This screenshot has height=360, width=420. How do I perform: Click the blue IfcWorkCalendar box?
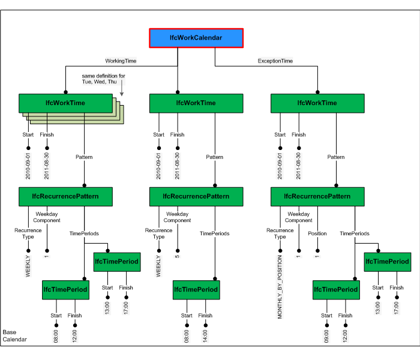(x=196, y=38)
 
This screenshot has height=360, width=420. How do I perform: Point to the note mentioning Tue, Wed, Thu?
(x=104, y=79)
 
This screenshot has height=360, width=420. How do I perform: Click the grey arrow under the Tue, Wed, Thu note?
(x=121, y=90)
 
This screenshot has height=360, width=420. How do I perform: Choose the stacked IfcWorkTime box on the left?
(x=65, y=103)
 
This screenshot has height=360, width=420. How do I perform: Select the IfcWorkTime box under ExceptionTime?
(x=317, y=103)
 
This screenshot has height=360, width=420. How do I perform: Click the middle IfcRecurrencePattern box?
(x=196, y=196)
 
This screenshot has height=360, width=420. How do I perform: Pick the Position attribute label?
(x=317, y=233)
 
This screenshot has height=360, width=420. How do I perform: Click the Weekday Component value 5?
(x=178, y=253)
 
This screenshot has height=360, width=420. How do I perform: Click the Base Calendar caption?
(x=14, y=336)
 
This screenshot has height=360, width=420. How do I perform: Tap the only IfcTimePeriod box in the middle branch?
(x=196, y=290)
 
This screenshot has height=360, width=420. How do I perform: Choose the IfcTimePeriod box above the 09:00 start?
(x=336, y=290)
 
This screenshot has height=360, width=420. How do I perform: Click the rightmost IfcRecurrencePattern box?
(x=317, y=196)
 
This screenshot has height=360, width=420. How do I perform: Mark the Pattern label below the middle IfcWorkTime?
(x=214, y=157)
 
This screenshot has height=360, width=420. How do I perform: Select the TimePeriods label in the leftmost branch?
(x=84, y=233)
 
